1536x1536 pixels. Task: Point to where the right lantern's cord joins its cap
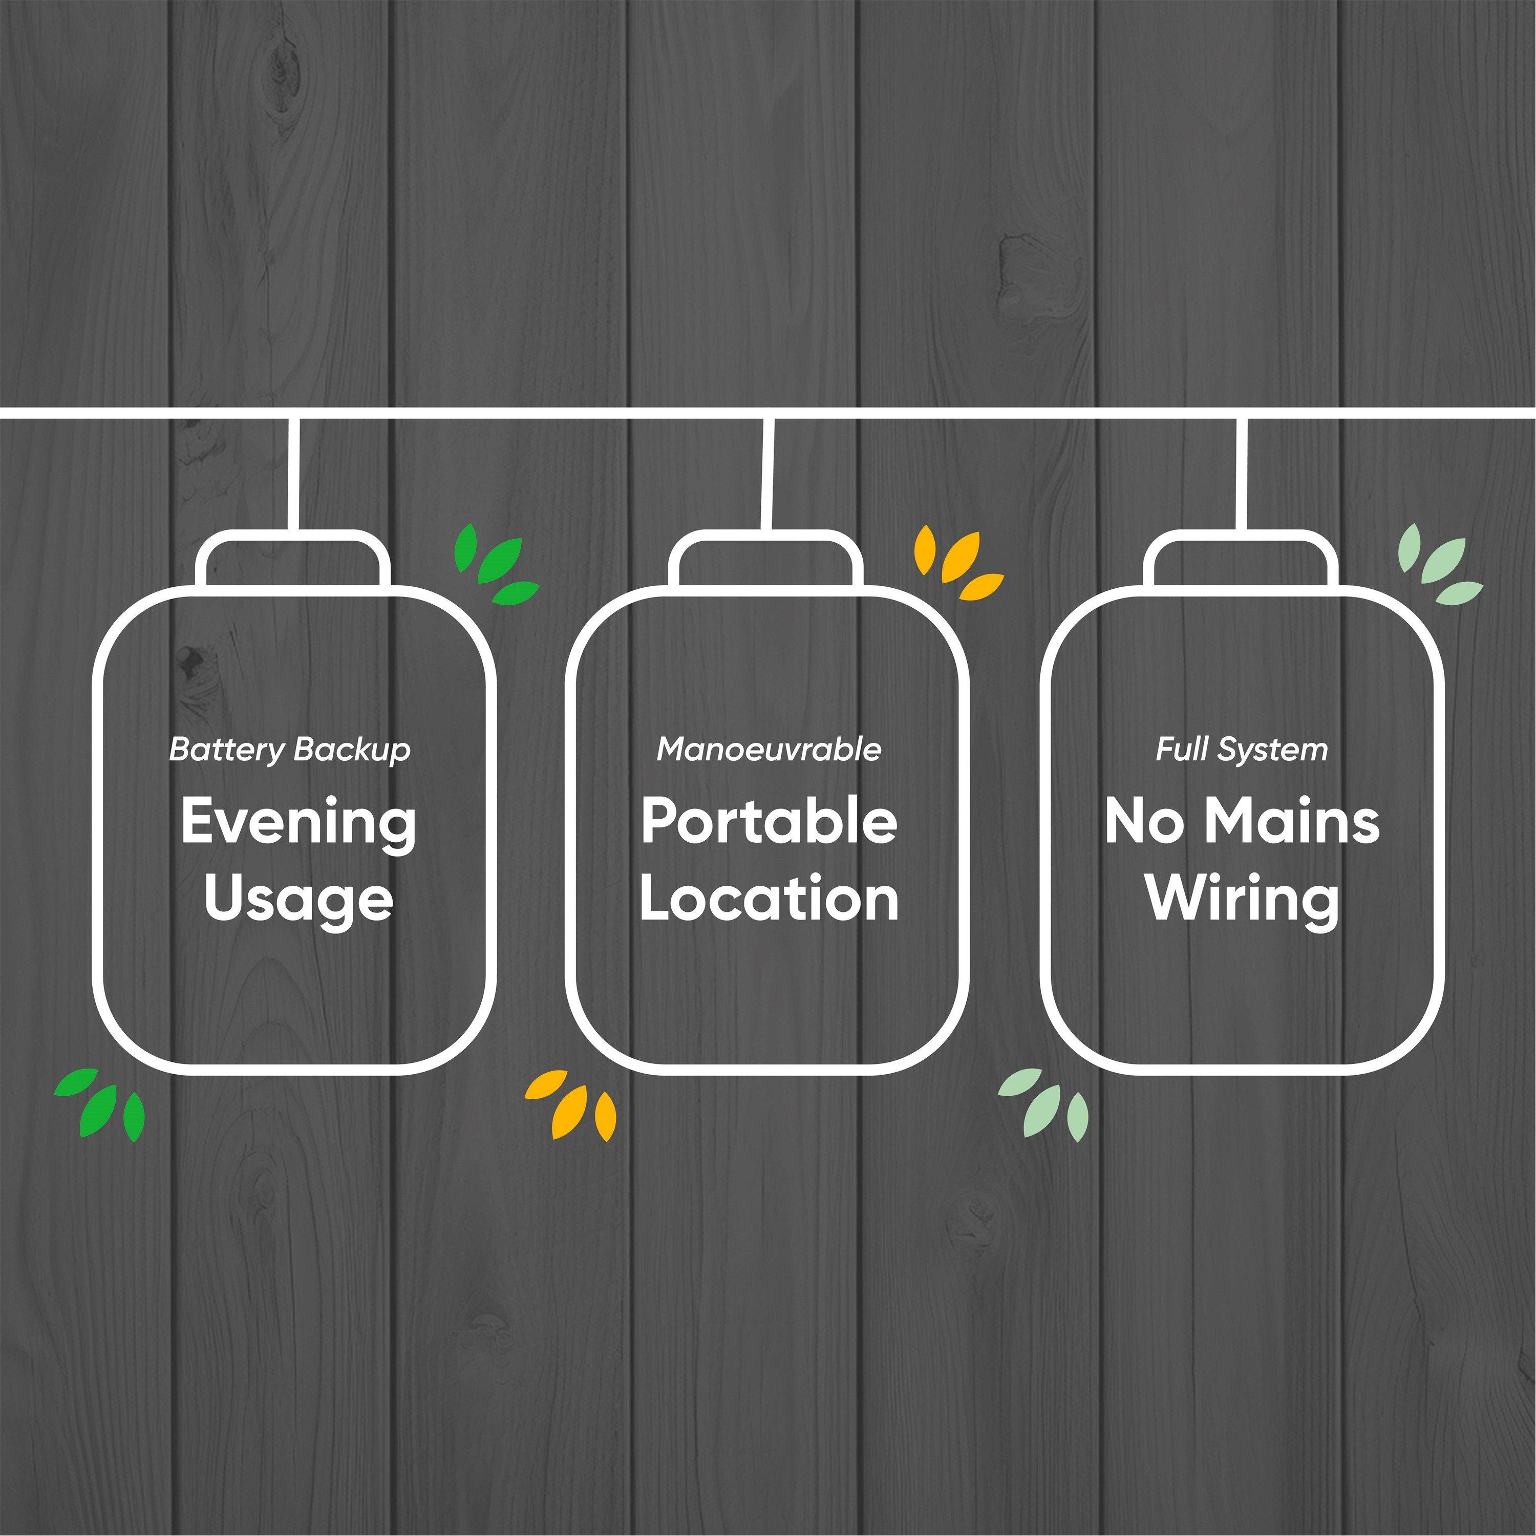(x=1241, y=531)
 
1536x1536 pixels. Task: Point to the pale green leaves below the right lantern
(x=1043, y=1103)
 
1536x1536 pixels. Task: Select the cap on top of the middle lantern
(x=765, y=561)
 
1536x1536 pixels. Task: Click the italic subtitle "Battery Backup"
(x=290, y=750)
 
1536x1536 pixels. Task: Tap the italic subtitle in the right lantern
(x=1242, y=750)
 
